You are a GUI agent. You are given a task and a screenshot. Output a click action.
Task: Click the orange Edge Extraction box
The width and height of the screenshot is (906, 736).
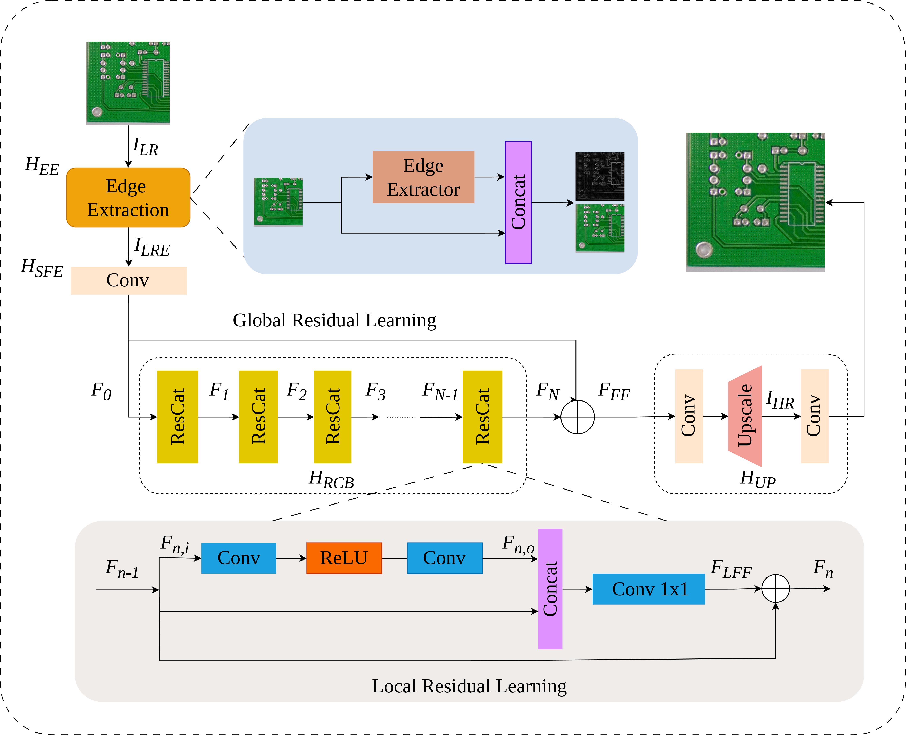[128, 198]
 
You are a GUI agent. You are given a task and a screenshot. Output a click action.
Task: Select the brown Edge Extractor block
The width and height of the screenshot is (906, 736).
[423, 177]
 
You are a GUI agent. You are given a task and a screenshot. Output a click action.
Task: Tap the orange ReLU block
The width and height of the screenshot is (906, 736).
[344, 558]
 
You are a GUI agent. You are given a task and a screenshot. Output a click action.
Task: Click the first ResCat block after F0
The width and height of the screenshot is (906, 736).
[178, 417]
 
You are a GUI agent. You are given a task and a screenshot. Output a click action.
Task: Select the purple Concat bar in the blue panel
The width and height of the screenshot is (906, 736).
[518, 203]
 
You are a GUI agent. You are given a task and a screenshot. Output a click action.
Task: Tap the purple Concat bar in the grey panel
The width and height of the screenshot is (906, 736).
[550, 589]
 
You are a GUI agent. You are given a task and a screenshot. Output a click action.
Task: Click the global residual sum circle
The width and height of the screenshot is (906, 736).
[578, 417]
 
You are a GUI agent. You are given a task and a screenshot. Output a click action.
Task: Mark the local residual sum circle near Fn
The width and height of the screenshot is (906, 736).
[775, 588]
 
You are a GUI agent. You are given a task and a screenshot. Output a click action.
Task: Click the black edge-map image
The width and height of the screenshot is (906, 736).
[600, 176]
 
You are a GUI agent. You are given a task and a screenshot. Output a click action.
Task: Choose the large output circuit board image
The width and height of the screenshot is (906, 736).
[755, 202]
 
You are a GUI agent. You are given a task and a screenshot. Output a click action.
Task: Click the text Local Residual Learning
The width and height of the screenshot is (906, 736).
[469, 686]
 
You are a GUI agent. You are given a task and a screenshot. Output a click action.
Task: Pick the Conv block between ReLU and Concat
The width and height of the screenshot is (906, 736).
[445, 558]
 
